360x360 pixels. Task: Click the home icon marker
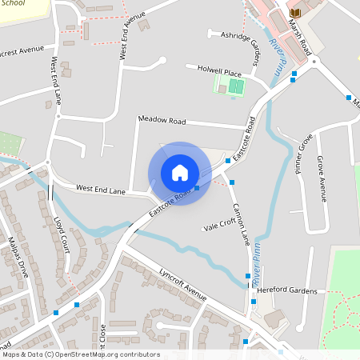point(180,173)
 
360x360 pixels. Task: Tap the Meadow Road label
point(162,121)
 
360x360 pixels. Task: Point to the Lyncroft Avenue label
point(182,283)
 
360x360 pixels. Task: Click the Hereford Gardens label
point(287,291)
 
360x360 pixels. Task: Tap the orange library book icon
point(295,14)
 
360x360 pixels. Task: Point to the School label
point(14,3)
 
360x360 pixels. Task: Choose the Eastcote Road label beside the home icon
point(170,203)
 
